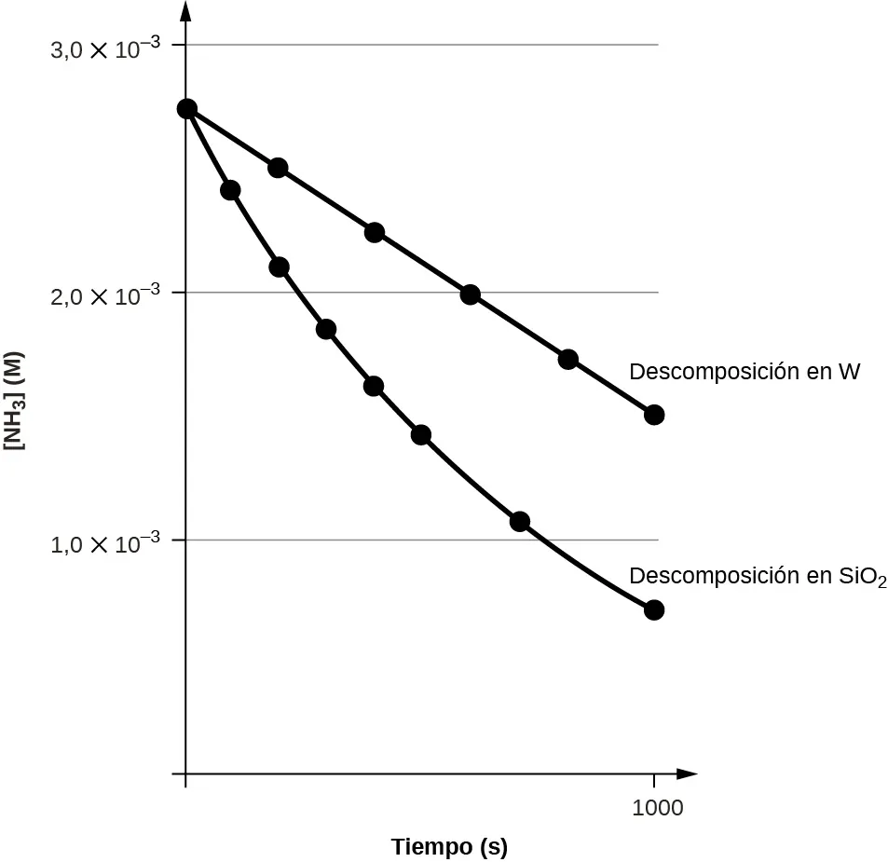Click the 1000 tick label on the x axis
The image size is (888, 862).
658,808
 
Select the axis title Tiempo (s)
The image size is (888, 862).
449,847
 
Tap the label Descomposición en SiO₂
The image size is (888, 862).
758,577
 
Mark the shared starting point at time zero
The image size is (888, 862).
186,109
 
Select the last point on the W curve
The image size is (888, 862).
654,415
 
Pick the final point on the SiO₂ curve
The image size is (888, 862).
654,610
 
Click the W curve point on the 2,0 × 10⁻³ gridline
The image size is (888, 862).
470,295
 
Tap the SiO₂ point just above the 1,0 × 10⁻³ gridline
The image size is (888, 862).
520,522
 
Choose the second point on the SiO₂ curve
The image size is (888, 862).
230,190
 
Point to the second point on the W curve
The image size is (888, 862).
278,168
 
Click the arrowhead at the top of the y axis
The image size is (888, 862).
186,11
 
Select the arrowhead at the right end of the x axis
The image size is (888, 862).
687,773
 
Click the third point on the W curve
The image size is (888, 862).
375,232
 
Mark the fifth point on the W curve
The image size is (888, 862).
568,360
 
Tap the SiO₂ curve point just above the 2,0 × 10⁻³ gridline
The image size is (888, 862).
279,267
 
